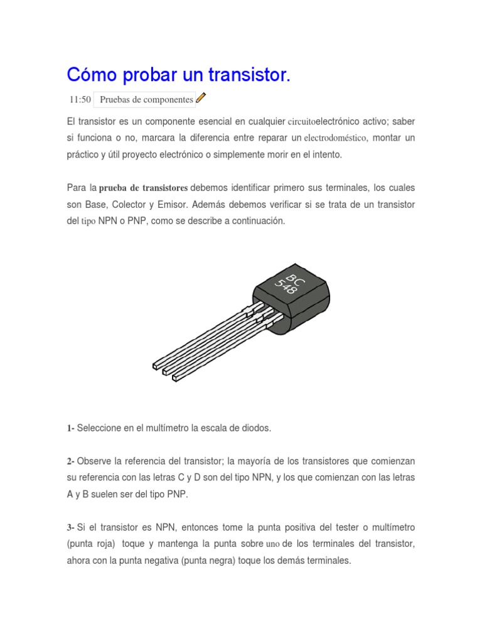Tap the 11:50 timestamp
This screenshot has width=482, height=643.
click(x=80, y=99)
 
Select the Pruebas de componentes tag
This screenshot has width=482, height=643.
click(x=146, y=99)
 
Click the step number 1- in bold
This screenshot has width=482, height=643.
click(x=70, y=428)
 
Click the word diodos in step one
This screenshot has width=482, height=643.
click(x=258, y=428)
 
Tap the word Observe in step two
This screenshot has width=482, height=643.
click(x=93, y=462)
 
